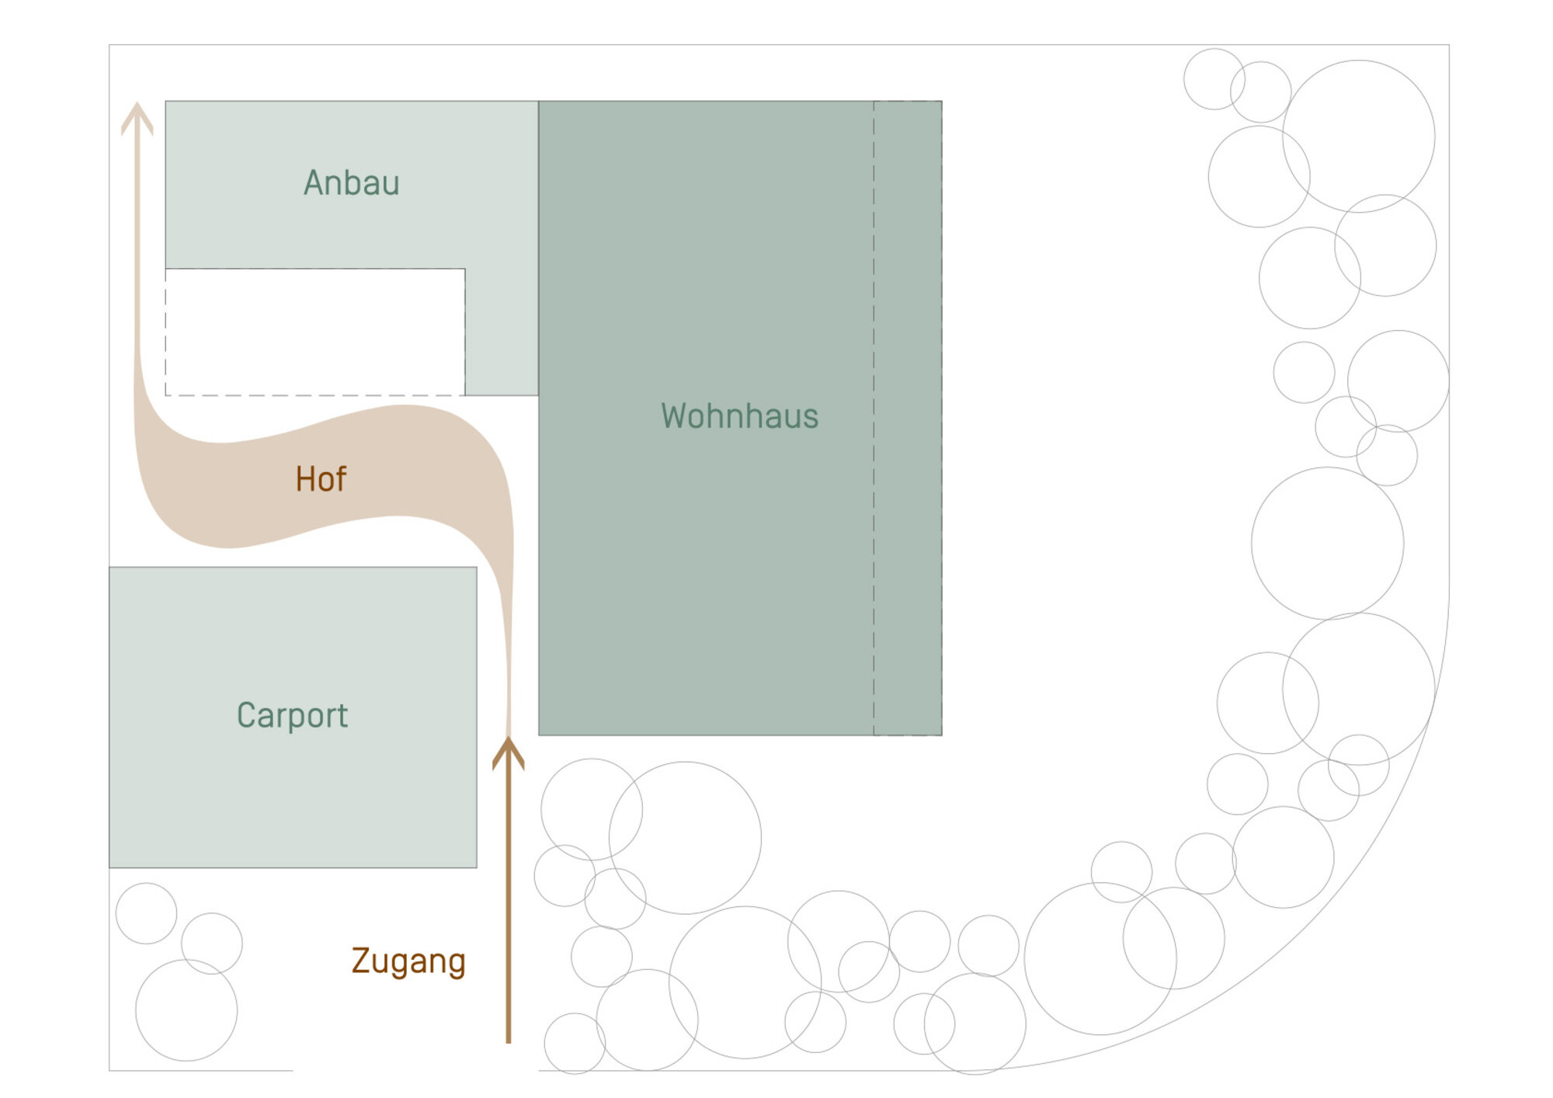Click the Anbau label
click(351, 183)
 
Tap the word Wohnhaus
click(739, 416)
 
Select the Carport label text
click(292, 715)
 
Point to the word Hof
click(321, 479)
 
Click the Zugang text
click(408, 962)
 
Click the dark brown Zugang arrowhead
click(509, 752)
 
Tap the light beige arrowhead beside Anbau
click(137, 118)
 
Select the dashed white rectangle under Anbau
click(315, 332)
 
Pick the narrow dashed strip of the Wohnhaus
click(908, 418)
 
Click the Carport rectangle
click(293, 717)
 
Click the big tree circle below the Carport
click(186, 1010)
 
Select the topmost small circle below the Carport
click(146, 913)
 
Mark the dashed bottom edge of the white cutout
click(315, 395)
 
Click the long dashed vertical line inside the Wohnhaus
click(874, 418)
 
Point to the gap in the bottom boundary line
click(415, 1071)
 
